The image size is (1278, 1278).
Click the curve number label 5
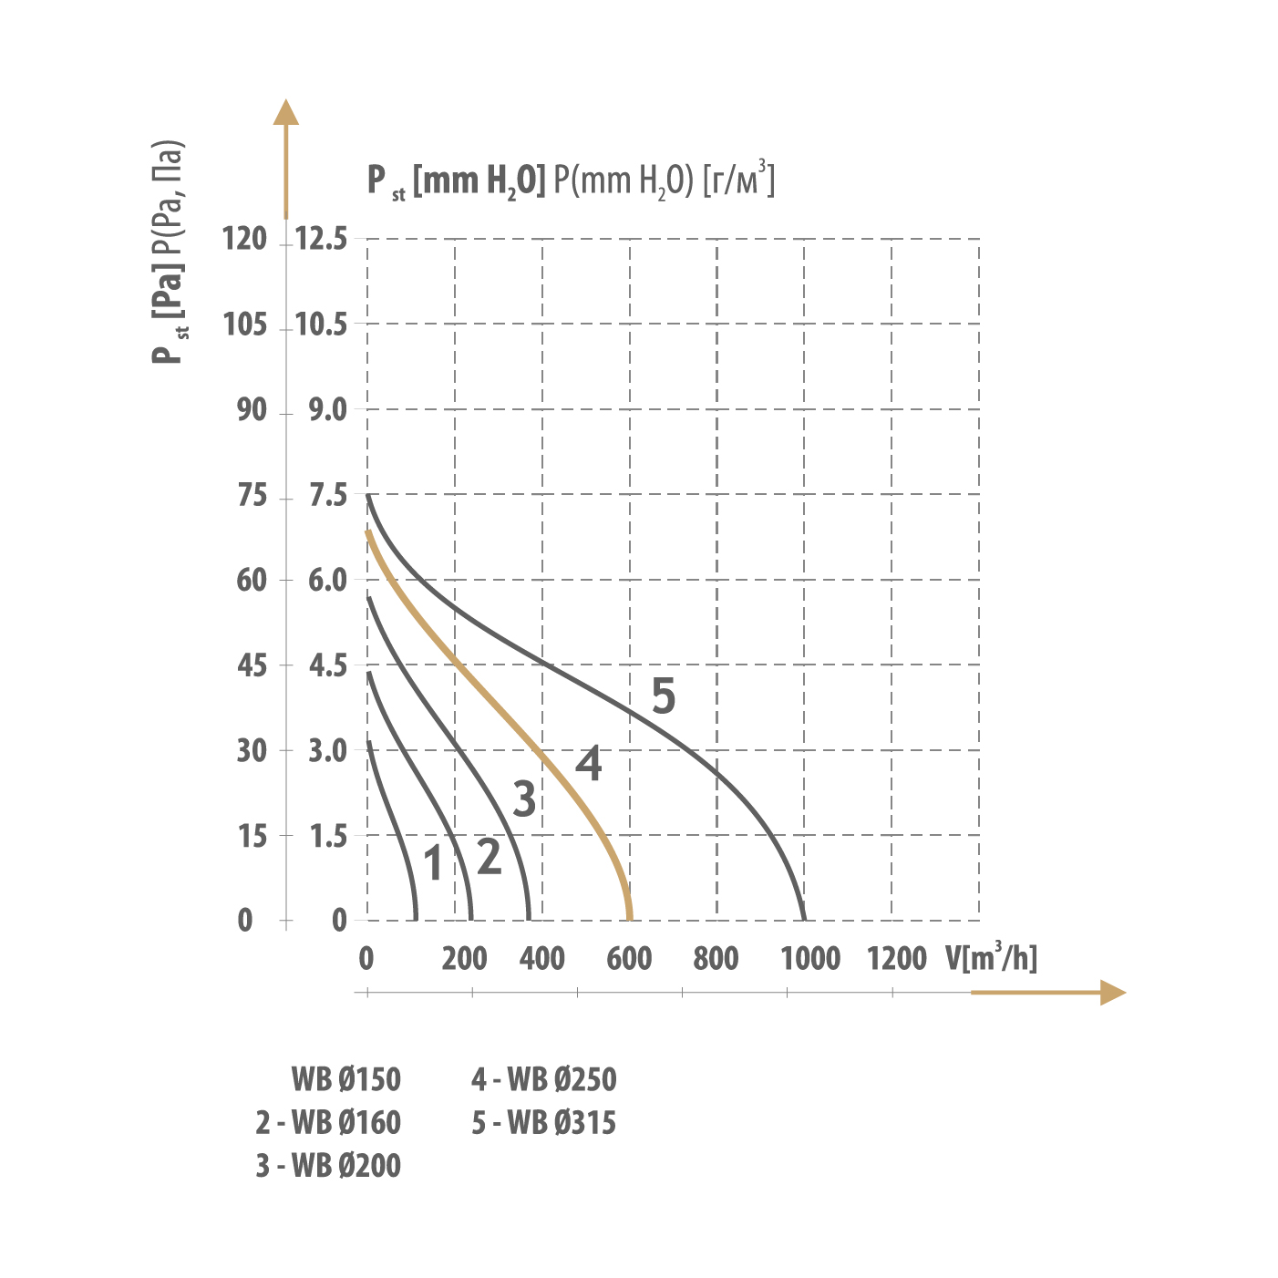664,696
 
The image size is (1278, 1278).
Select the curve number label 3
524,799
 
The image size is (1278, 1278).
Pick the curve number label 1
434,864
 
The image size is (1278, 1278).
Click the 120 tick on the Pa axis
244,240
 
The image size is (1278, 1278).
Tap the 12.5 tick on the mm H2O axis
322,240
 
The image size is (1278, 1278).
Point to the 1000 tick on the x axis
810,959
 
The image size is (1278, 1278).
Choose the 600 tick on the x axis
629,959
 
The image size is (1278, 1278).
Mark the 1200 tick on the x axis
897,959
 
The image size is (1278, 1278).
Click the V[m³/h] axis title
991,957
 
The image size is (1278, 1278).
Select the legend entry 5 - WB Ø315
543,1123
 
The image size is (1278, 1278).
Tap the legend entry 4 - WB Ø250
543,1080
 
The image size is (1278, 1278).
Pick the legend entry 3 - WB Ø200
328,1166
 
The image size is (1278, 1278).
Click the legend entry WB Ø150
345,1080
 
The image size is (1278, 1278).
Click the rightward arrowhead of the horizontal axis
1113,993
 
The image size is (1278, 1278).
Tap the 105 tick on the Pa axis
244,325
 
